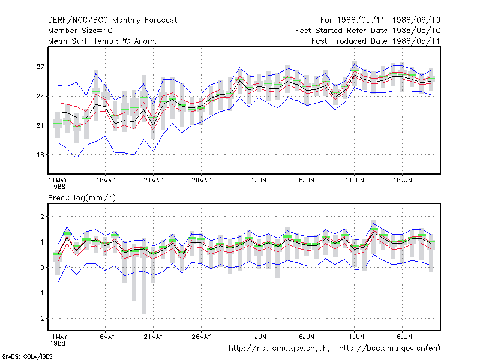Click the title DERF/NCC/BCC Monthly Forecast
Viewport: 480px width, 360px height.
(112, 20)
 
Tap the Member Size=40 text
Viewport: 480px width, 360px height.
(80, 31)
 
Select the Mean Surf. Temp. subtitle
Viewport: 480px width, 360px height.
(103, 41)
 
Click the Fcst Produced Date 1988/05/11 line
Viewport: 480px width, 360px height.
(376, 41)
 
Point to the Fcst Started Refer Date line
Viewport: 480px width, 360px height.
(368, 31)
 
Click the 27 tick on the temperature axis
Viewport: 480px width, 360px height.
(40, 67)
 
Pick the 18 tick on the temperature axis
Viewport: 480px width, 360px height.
(40, 155)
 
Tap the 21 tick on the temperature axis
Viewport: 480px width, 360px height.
(40, 125)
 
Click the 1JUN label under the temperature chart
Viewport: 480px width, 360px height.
(259, 181)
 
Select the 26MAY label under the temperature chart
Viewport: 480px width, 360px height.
(201, 181)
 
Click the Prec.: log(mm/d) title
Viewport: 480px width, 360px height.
(82, 198)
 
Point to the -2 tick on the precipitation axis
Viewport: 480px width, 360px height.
(40, 319)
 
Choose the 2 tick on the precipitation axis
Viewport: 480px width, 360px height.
(42, 217)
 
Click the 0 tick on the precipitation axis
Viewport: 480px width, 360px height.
(42, 268)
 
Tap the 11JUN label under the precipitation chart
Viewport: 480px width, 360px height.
(355, 337)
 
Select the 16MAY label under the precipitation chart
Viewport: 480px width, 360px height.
(106, 337)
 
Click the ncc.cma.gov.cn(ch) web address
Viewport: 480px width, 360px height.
(279, 349)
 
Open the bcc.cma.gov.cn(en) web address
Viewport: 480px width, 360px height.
(389, 349)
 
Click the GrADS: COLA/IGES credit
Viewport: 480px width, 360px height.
(28, 356)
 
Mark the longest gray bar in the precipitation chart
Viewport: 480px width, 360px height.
(143, 276)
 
